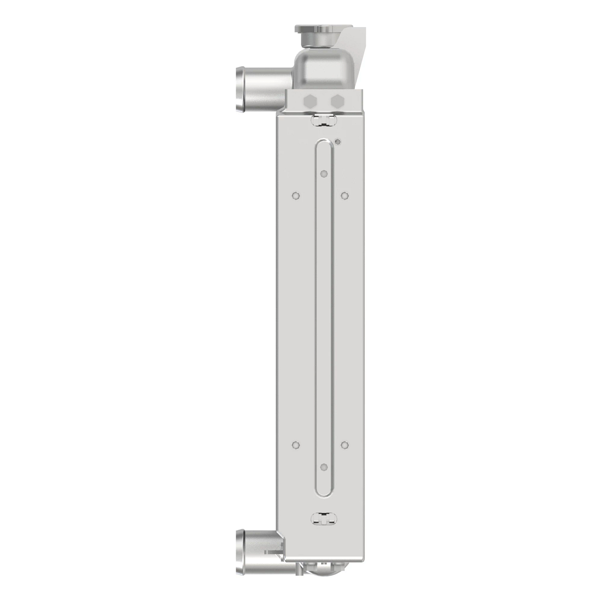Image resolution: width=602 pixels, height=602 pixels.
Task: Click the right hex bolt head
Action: (337, 100)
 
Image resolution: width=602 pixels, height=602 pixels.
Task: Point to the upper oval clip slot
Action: (324, 119)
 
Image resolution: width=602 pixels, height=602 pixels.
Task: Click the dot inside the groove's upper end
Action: (324, 174)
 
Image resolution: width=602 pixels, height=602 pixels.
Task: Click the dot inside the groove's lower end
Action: (324, 467)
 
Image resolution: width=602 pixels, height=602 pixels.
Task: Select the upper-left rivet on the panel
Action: (296, 195)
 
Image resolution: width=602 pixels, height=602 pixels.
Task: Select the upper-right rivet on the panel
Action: (344, 195)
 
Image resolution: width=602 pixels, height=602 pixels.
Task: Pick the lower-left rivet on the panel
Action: (296, 444)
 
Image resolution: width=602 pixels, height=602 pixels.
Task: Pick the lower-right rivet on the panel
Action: (344, 444)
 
